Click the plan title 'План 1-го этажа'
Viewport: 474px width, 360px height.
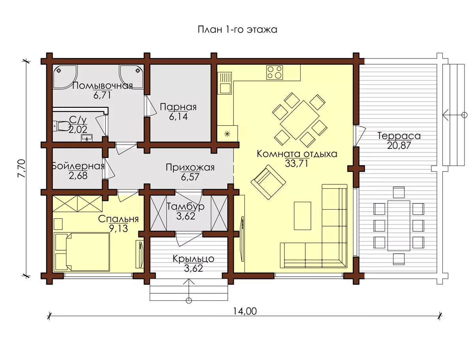point(237,29)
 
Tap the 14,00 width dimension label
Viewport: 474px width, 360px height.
point(245,311)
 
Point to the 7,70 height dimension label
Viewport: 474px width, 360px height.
point(22,168)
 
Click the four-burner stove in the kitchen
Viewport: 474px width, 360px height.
point(275,72)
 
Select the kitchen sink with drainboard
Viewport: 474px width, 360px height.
point(225,83)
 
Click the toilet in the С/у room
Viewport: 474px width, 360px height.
point(61,126)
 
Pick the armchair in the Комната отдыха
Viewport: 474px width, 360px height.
point(268,182)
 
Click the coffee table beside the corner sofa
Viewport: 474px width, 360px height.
point(303,216)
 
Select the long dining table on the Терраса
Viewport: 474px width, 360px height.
point(399,226)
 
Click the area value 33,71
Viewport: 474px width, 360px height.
point(296,163)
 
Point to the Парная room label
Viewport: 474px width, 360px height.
point(178,107)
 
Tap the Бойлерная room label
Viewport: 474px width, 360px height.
point(78,166)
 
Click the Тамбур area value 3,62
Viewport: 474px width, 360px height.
point(186,216)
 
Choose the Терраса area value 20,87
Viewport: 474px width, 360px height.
point(399,145)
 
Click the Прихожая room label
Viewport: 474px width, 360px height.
point(190,167)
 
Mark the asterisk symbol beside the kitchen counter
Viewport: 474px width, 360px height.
point(227,134)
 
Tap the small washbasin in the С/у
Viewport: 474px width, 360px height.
point(87,138)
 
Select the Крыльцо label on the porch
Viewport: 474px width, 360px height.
point(193,259)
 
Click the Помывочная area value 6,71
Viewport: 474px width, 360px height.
point(102,95)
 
